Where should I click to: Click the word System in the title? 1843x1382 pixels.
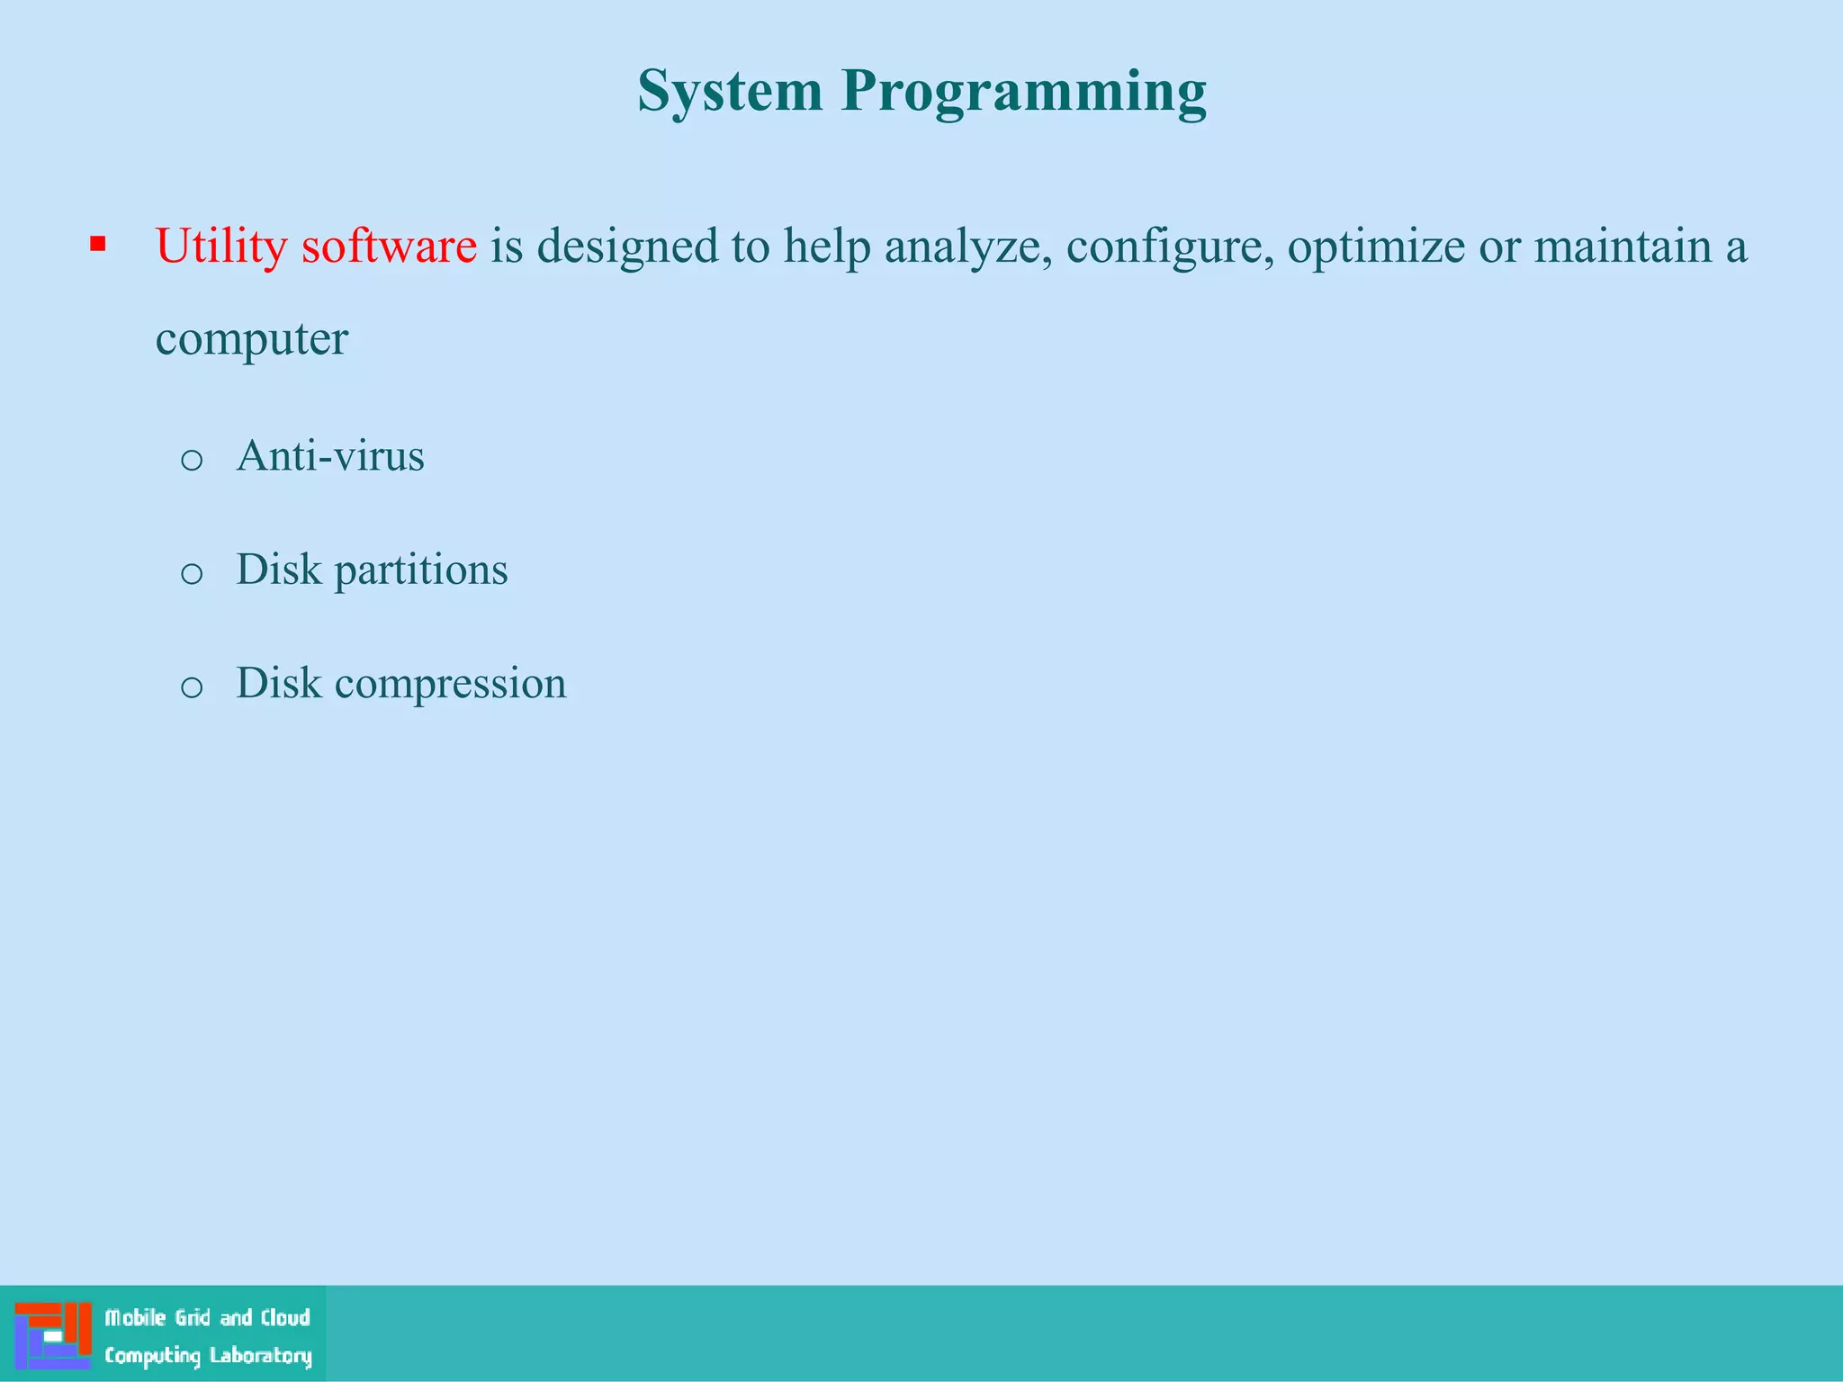pyautogui.click(x=730, y=92)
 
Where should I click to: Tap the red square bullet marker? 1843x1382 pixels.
pyautogui.click(x=98, y=244)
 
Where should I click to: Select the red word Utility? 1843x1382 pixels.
pyautogui.click(x=221, y=246)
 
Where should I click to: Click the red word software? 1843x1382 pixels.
pyautogui.click(x=389, y=246)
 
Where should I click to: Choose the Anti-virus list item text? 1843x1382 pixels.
pyautogui.click(x=329, y=455)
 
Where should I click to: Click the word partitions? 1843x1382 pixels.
pyautogui.click(x=421, y=570)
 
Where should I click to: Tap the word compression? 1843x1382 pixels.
pyautogui.click(x=450, y=684)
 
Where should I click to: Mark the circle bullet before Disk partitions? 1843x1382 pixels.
pyautogui.click(x=192, y=574)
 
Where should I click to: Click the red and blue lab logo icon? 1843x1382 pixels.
pyautogui.click(x=53, y=1335)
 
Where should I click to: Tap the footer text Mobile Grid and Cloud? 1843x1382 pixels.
pyautogui.click(x=208, y=1318)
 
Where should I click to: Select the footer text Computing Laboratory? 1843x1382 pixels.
pyautogui.click(x=208, y=1356)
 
